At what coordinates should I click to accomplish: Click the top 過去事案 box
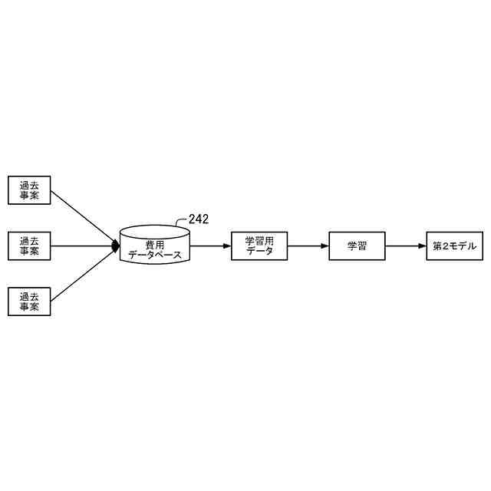29,189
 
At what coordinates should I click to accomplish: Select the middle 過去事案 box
29,246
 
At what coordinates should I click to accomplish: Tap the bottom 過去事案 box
29,302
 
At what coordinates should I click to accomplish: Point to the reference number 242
198,219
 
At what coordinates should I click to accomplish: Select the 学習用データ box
259,246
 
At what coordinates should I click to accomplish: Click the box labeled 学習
357,246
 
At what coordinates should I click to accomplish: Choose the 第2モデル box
454,246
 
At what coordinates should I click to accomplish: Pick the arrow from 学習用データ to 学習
308,246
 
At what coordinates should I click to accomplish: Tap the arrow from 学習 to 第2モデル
405,246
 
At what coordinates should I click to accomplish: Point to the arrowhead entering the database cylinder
117,246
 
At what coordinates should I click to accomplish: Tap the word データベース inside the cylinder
155,255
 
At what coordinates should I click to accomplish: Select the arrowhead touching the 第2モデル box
422,246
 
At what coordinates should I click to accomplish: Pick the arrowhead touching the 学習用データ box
227,246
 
